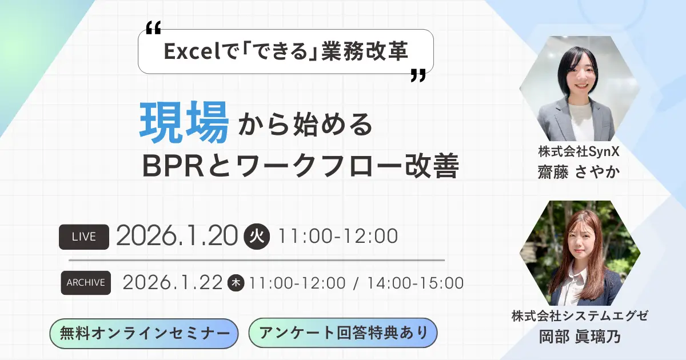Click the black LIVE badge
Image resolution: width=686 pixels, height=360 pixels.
pos(84,235)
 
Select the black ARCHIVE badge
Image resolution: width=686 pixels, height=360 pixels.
pos(86,282)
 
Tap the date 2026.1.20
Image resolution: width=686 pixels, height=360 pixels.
pos(176,235)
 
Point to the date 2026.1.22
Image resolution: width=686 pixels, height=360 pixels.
pos(172,282)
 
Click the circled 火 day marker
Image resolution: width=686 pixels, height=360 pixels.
pos(257,235)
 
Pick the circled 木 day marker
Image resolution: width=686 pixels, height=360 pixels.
pos(236,282)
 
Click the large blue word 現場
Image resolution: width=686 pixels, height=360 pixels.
pos(185,123)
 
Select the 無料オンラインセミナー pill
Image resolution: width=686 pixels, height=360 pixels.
pos(144,333)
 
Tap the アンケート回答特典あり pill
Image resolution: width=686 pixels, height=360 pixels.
pos(343,333)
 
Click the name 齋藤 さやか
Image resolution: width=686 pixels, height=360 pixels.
pos(579,172)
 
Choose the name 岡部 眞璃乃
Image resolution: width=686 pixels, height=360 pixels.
pos(579,337)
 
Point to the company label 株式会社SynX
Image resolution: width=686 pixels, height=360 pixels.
pos(579,153)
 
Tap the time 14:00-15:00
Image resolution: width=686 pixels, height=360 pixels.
pos(415,282)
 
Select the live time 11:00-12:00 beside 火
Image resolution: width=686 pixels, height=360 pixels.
pos(337,235)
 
